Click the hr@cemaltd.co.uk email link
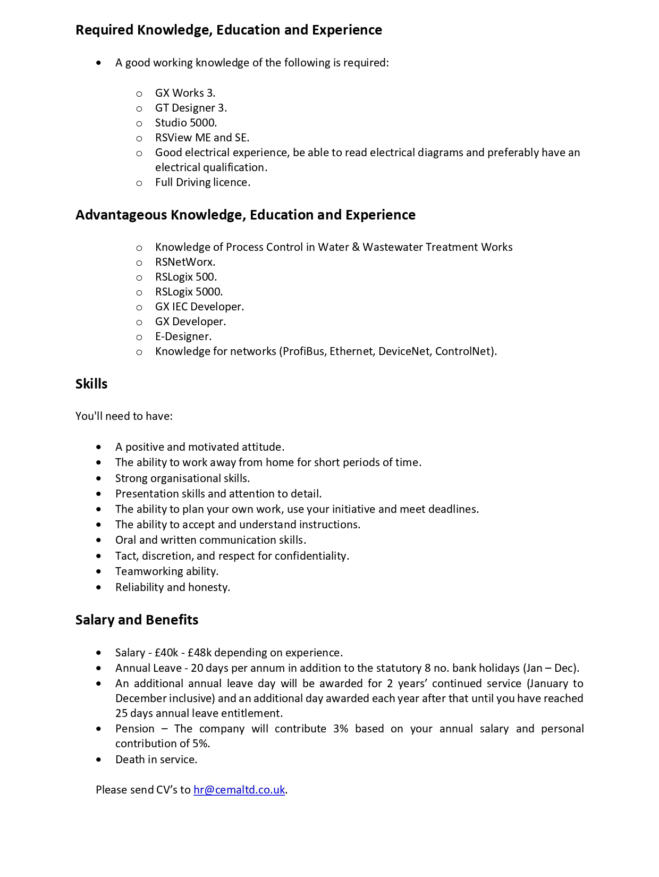[x=239, y=790]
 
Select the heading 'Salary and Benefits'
[x=137, y=620]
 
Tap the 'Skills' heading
[x=91, y=384]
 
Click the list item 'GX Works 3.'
[x=185, y=93]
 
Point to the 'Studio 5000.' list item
[x=186, y=123]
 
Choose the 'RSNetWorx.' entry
[x=185, y=262]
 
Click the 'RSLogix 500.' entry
[x=186, y=277]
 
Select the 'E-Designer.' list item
[x=183, y=336]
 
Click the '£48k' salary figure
[x=199, y=653]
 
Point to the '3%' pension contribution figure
[x=341, y=729]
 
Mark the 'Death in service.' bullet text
[x=156, y=760]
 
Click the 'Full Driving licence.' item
[x=202, y=182]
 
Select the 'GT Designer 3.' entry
[x=191, y=108]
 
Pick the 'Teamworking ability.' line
[x=167, y=571]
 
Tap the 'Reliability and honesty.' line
[x=173, y=587]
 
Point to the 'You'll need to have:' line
[x=124, y=416]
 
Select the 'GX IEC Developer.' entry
[x=199, y=307]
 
